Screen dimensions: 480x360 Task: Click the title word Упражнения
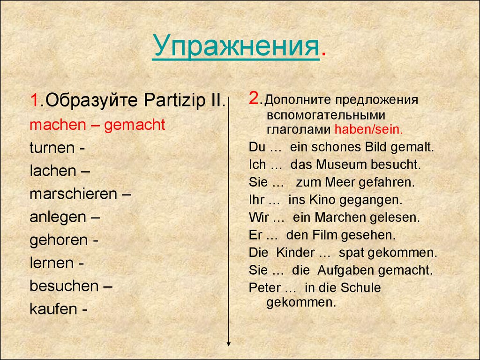[x=236, y=46]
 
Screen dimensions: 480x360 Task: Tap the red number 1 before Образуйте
[x=34, y=100]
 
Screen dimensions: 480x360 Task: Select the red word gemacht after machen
[x=135, y=125]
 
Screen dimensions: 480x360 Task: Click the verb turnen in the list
[x=52, y=148]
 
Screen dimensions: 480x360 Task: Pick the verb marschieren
[x=74, y=194]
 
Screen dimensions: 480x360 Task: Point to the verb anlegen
[x=58, y=217]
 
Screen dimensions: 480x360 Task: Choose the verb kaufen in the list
[x=53, y=309]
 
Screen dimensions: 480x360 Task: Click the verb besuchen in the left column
[x=64, y=286]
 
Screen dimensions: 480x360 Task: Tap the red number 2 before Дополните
[x=254, y=98]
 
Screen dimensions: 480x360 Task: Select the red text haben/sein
[x=369, y=129]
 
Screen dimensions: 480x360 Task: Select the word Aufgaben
[x=345, y=270]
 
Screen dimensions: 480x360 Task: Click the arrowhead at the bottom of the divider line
[x=228, y=344]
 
